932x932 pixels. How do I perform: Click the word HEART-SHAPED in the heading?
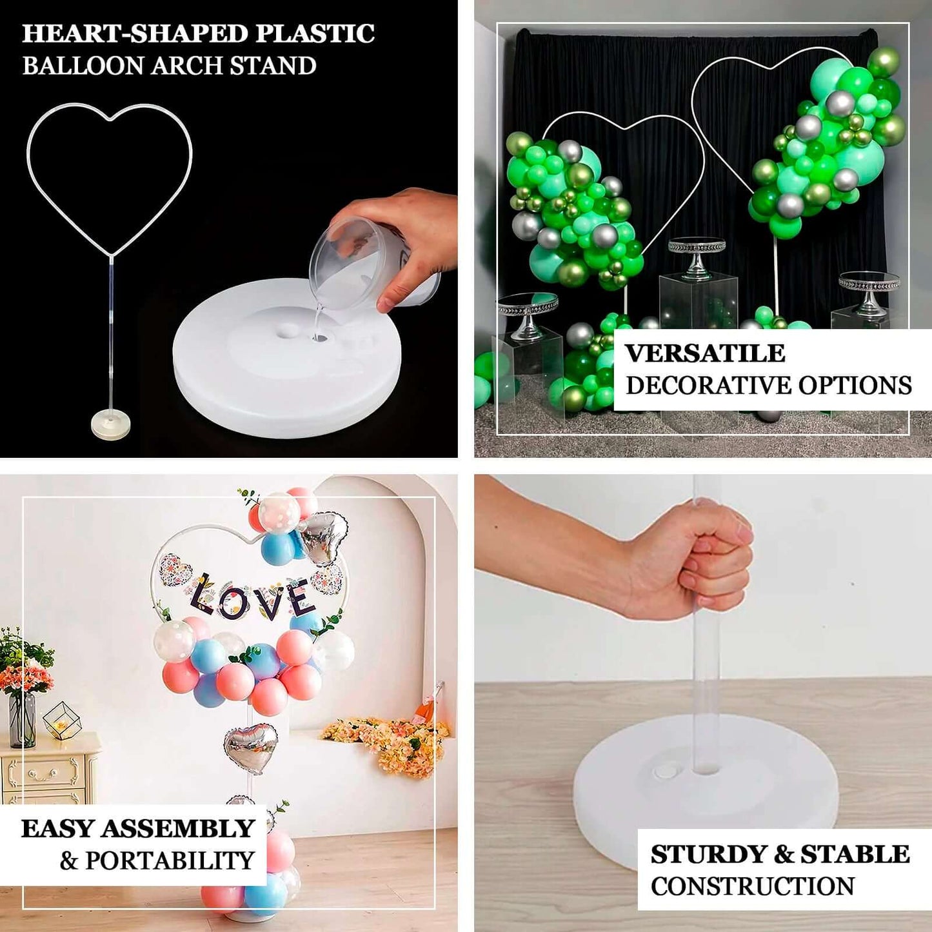(135, 34)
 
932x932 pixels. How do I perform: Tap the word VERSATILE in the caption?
(705, 353)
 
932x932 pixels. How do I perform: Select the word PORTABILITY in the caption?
(170, 860)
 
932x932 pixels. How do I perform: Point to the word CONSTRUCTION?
(752, 886)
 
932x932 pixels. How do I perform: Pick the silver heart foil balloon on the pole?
(251, 747)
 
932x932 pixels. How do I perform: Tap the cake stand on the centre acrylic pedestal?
(697, 255)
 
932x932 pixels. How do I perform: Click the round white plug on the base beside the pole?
(664, 771)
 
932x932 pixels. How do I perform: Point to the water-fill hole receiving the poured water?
(320, 336)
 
